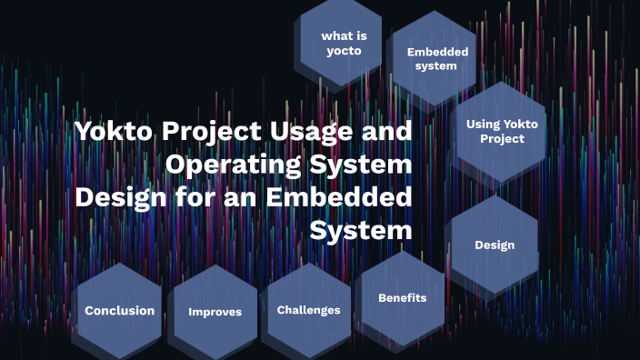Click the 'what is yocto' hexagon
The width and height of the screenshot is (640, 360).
343,43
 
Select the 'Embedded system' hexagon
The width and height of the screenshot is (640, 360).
437,58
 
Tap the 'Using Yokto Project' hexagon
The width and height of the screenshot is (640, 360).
495,131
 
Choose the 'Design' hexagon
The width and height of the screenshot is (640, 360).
495,245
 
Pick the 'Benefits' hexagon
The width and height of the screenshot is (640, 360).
402,298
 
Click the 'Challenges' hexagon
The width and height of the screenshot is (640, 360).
308,310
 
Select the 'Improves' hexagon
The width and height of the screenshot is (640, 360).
215,312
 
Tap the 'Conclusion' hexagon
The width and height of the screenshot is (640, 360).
119,310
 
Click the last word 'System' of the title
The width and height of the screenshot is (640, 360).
361,231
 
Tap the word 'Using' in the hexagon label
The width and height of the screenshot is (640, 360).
484,124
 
